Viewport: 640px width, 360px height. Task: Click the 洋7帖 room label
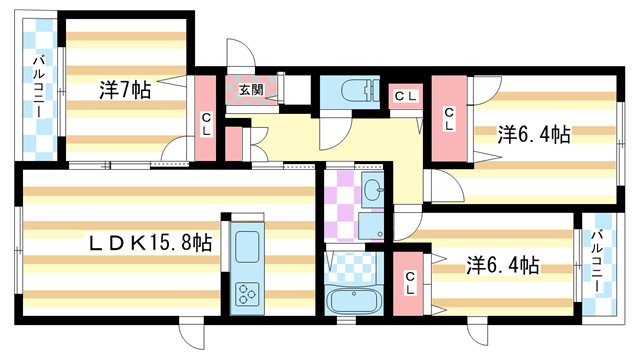125,91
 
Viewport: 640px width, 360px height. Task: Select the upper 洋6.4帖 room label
534,134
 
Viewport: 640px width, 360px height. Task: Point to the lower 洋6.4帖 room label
503,266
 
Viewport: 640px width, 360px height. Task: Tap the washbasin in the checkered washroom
372,188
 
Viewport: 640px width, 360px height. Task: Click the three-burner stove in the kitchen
246,292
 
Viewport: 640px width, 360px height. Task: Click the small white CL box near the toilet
405,95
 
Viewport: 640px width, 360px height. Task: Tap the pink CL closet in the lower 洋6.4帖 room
410,283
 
